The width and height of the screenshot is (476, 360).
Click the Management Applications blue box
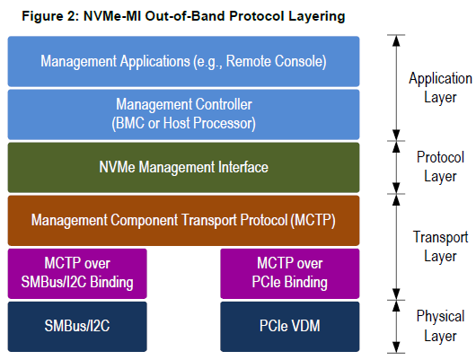pyautogui.click(x=183, y=61)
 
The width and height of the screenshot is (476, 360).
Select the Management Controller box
pyautogui.click(x=183, y=114)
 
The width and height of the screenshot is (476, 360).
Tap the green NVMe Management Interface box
pyautogui.click(x=183, y=167)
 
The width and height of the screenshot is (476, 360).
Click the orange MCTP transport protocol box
pyautogui.click(x=183, y=219)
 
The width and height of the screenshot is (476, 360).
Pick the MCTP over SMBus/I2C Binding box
pyautogui.click(x=75, y=273)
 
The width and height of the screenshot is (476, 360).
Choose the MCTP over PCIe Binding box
pyautogui.click(x=290, y=273)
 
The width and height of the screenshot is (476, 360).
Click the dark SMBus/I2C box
pyautogui.click(x=75, y=326)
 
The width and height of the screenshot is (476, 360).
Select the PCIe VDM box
pyautogui.click(x=290, y=326)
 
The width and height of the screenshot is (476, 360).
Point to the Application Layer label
pyautogui.click(x=440, y=87)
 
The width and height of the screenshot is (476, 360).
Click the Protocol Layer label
pyautogui.click(x=440, y=166)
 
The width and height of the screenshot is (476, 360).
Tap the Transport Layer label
pyautogui.click(x=440, y=246)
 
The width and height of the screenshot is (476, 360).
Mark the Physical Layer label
pyautogui.click(x=440, y=325)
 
